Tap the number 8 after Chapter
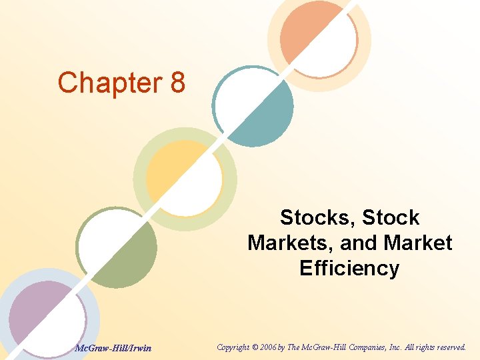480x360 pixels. [x=177, y=83]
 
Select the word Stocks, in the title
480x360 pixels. [x=313, y=217]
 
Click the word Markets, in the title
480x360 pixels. [x=291, y=243]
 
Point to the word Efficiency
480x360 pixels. [x=349, y=268]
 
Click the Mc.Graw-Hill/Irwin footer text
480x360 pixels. [x=113, y=347]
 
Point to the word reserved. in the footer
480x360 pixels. [x=450, y=347]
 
